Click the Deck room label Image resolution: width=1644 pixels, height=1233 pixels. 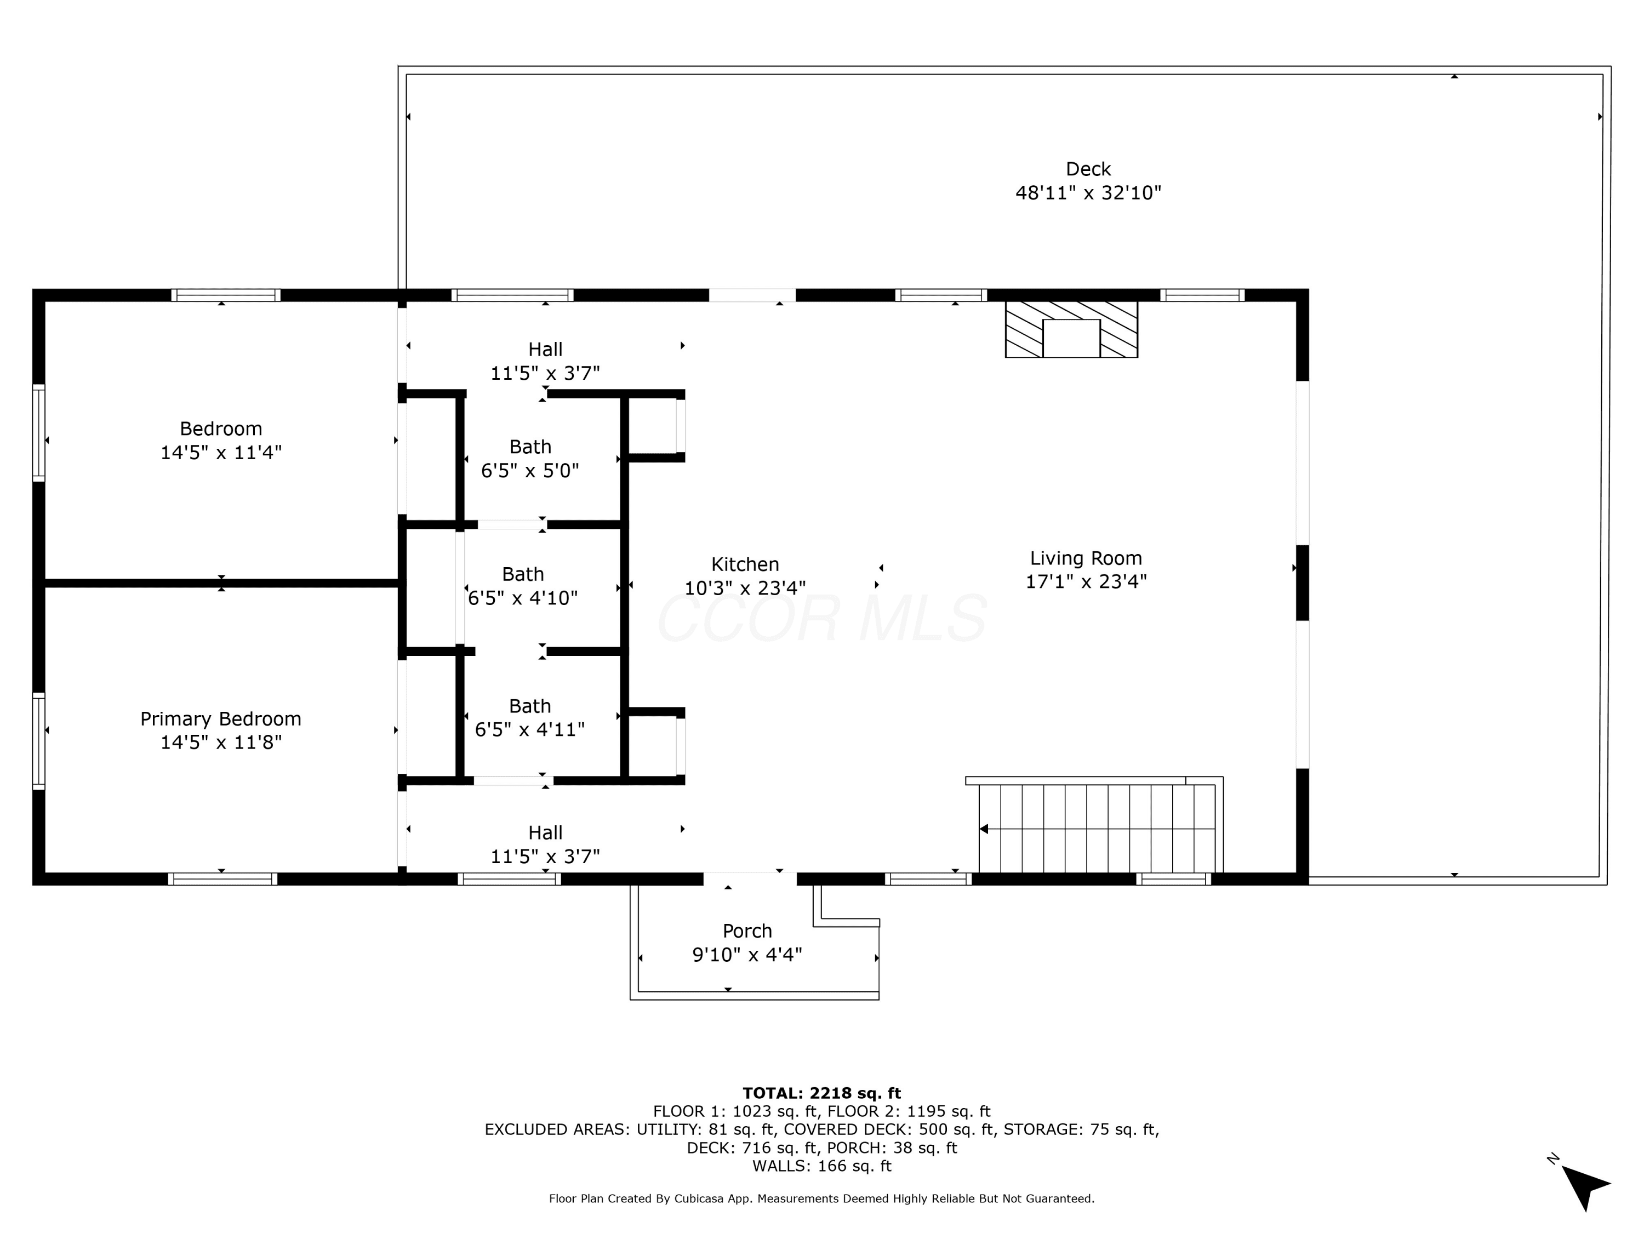click(1088, 169)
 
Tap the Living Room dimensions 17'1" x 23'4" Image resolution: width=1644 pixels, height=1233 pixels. click(1086, 581)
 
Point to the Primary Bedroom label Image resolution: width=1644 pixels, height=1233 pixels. click(221, 718)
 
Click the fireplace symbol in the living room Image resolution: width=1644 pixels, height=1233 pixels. click(1071, 329)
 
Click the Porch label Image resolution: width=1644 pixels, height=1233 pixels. click(747, 931)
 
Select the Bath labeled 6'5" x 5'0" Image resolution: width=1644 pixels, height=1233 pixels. click(530, 459)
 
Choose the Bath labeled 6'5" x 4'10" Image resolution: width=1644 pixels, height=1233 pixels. click(522, 586)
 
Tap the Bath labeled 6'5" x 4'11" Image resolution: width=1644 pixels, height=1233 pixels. click(530, 717)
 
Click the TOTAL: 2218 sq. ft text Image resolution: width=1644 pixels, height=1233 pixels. click(821, 1093)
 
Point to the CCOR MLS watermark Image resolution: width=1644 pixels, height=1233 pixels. click(822, 618)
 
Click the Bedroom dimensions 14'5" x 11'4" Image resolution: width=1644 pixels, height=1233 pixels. click(221, 452)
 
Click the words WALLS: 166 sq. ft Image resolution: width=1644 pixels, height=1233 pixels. click(821, 1166)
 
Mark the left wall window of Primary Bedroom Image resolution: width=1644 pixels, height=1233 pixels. click(39, 740)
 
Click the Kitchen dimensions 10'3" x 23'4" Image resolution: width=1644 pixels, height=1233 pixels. click(745, 588)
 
